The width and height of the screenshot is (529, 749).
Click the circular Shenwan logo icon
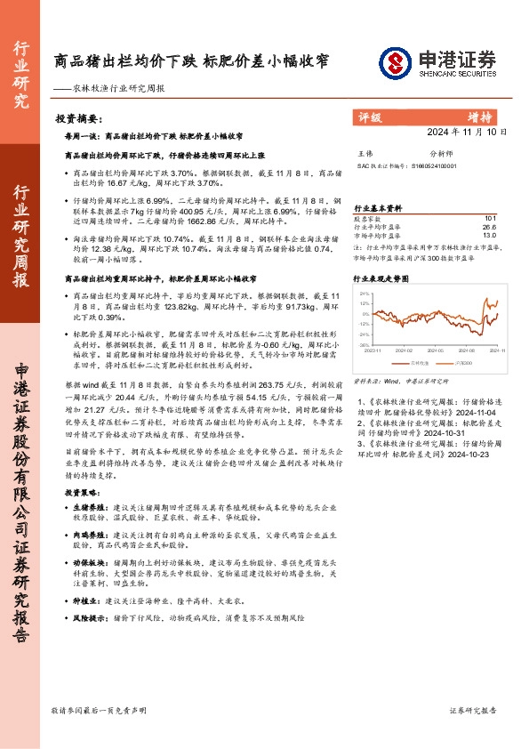coord(395,61)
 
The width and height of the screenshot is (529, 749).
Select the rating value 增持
coord(481,117)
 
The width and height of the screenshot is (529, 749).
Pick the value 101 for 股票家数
coord(490,218)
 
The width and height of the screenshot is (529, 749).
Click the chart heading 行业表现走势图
coord(381,278)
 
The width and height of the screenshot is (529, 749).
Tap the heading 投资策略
coord(80,491)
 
